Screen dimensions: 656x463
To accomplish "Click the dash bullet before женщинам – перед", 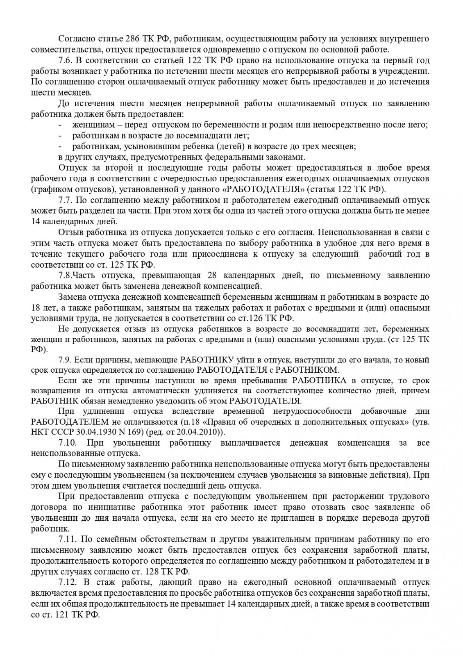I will [60, 125].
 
